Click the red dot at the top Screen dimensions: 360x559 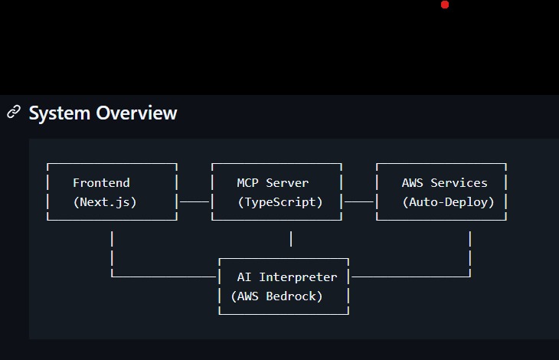pos(445,5)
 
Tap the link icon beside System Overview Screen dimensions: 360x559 pos(13,113)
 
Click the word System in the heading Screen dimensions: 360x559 pos(60,113)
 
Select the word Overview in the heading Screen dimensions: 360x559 pos(136,113)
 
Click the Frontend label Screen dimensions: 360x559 pos(101,183)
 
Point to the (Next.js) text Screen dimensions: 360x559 pos(104,202)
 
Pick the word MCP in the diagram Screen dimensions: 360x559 pos(248,183)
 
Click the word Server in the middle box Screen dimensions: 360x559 pos(287,183)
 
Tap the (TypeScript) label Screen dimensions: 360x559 pos(279,202)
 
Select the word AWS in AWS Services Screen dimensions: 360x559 pos(413,183)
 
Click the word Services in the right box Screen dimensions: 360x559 pos(459,183)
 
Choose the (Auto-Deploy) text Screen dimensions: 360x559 pos(448,202)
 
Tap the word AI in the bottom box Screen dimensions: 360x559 pos(244,277)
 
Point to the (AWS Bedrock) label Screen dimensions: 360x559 pos(276,296)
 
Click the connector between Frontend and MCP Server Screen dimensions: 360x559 pos(195,202)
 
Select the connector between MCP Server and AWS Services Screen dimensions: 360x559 pos(359,202)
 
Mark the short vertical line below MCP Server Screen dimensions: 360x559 pos(291,239)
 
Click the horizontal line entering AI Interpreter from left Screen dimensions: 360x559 pos(165,277)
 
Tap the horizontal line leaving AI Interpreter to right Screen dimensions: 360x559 pos(410,277)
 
